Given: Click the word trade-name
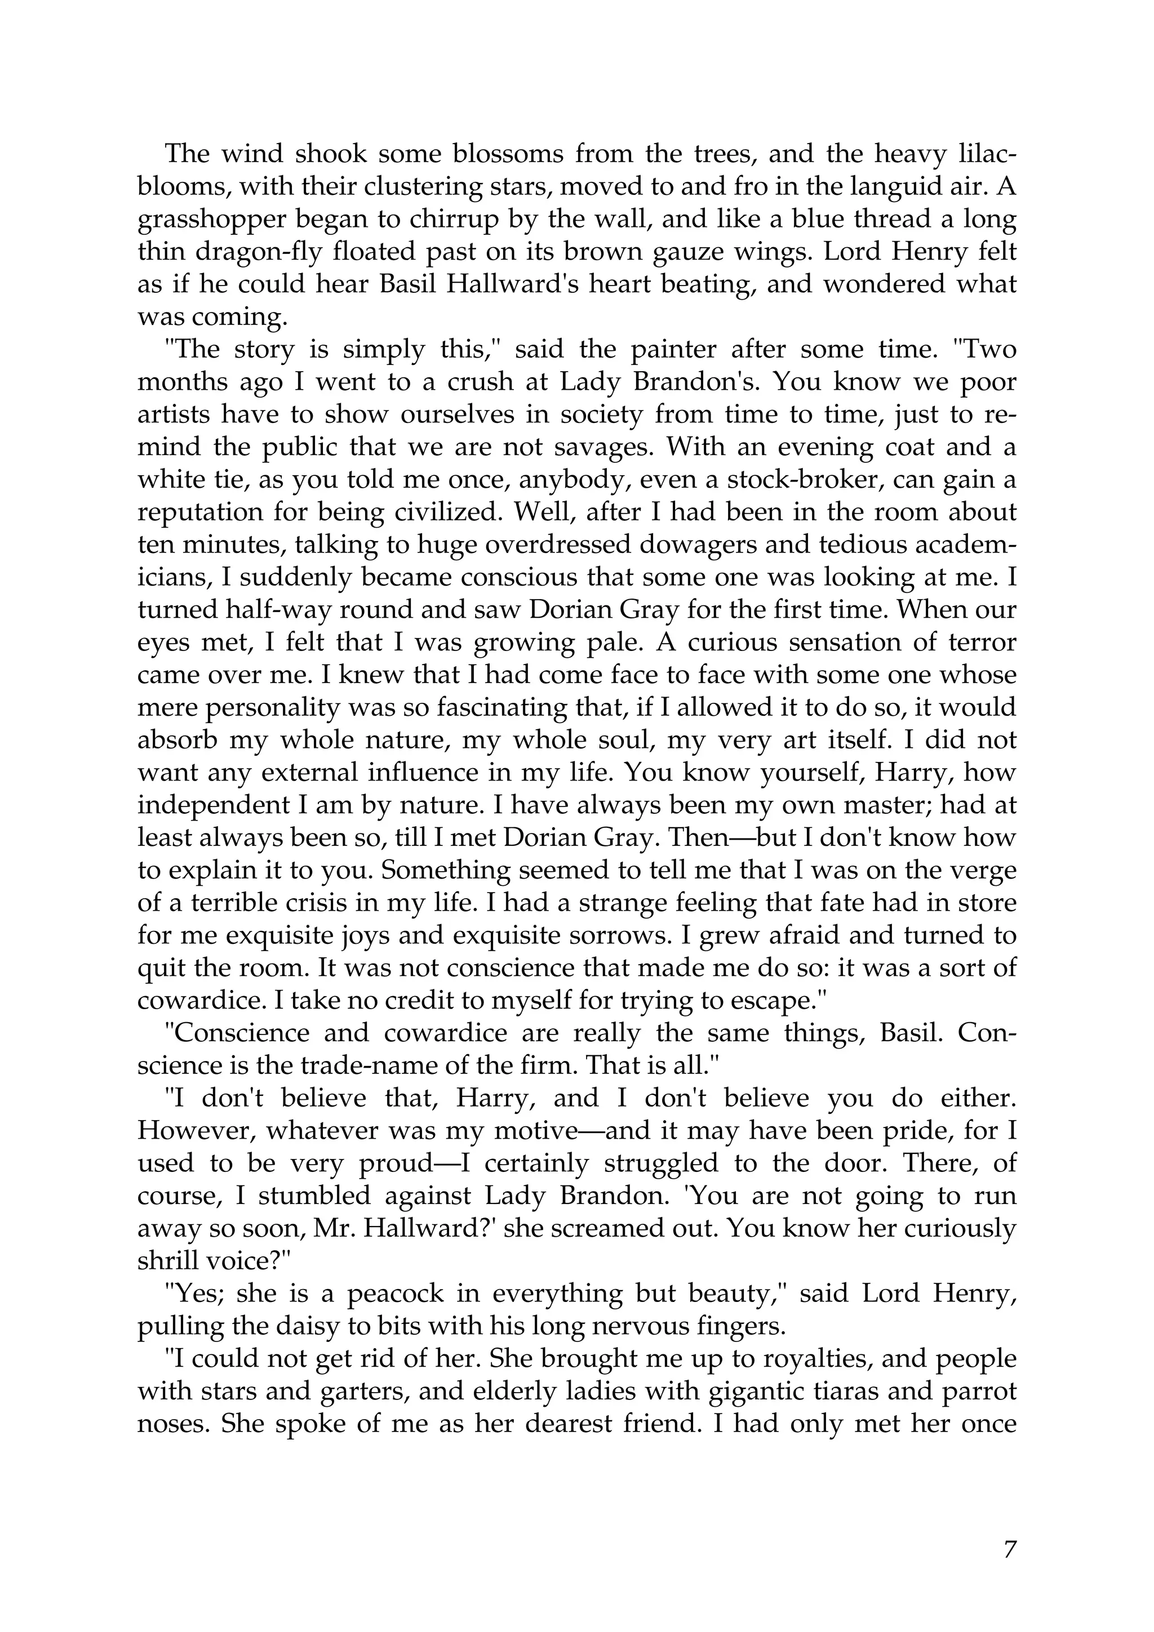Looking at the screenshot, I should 367,1065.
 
